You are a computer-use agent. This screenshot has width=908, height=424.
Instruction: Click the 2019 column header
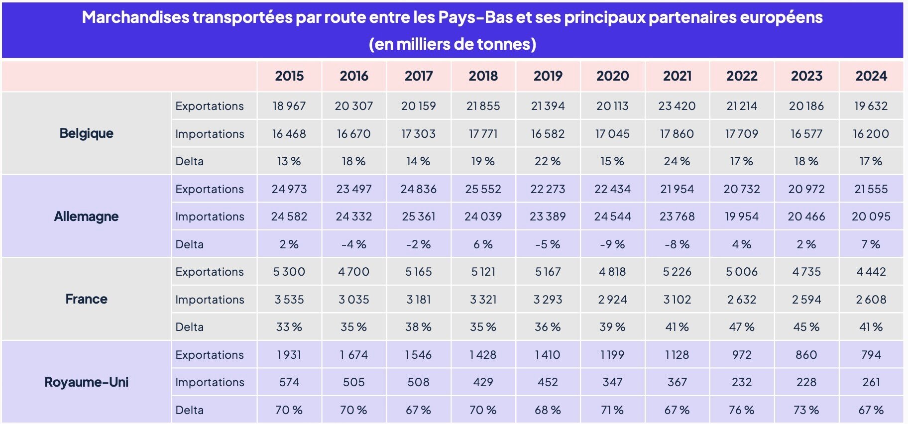click(548, 76)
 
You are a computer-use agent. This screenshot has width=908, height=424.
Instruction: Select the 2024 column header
click(871, 76)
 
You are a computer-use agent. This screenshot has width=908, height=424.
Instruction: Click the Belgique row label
click(87, 133)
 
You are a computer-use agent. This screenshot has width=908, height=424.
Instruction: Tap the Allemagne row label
click(87, 216)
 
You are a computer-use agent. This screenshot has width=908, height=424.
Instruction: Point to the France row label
click(87, 299)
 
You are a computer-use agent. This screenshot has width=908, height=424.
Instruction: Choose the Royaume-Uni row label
click(87, 382)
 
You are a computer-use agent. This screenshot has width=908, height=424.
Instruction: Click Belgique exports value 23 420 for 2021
click(677, 106)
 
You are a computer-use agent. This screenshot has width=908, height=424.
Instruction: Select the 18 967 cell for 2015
click(289, 106)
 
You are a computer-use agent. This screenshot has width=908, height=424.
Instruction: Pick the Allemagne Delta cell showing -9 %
click(612, 244)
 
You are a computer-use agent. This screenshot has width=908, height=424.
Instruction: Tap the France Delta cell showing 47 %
click(742, 327)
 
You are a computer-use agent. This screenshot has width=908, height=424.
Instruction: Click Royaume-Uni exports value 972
click(742, 355)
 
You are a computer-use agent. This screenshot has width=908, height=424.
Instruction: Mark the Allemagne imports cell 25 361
click(419, 216)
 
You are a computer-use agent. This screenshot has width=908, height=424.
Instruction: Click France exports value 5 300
click(289, 272)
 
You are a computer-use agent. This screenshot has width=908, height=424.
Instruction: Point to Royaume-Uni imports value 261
click(871, 382)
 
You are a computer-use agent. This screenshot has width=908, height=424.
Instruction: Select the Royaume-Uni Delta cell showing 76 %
click(742, 410)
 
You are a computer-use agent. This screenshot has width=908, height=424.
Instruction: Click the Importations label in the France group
click(210, 300)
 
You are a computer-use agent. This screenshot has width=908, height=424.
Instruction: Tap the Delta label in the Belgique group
click(190, 161)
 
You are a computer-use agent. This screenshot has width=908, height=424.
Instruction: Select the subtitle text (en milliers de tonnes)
click(453, 44)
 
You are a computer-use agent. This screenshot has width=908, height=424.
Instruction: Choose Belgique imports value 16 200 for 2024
click(871, 134)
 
